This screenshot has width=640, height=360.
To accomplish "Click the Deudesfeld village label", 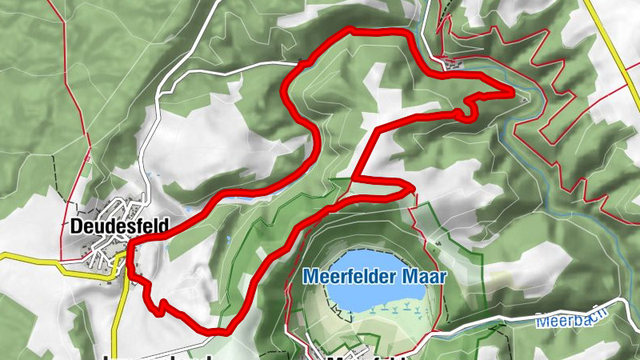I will [119, 226].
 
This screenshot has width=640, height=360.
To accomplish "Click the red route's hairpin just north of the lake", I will [410, 188].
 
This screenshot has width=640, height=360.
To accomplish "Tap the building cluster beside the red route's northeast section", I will [452, 65].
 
